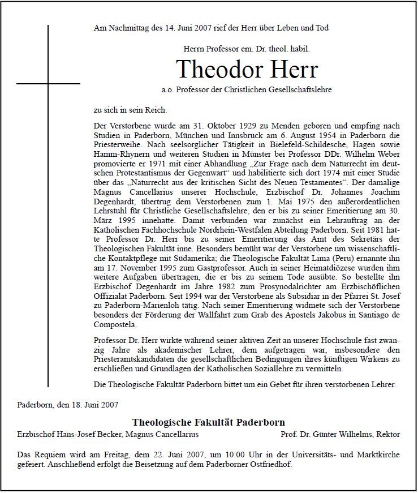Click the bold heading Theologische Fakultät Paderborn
coord(208,422)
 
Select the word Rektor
coord(387,434)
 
